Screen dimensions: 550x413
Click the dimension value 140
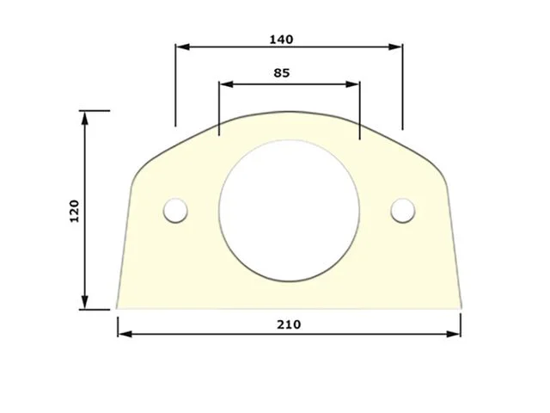click(281, 40)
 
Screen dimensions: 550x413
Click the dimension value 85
click(282, 73)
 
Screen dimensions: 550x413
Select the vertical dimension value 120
click(75, 211)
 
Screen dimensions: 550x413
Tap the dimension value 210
click(289, 324)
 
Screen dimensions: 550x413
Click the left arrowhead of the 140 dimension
click(182, 46)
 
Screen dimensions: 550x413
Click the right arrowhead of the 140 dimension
click(395, 46)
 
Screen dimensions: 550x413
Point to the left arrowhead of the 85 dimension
click(226, 84)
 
